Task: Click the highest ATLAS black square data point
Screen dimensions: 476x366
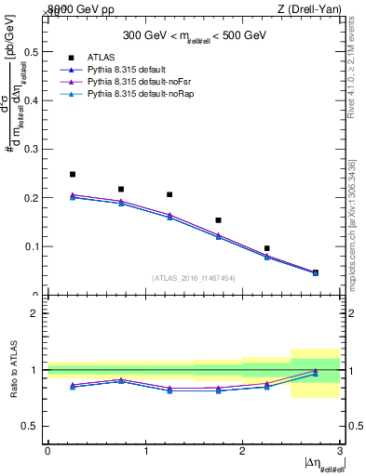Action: click(73, 174)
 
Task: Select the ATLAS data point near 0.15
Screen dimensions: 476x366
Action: click(218, 220)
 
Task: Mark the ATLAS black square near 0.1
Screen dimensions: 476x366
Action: click(266, 248)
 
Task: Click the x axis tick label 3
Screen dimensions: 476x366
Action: click(340, 451)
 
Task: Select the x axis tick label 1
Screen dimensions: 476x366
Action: click(145, 451)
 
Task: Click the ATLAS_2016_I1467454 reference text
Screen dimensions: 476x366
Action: click(194, 277)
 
